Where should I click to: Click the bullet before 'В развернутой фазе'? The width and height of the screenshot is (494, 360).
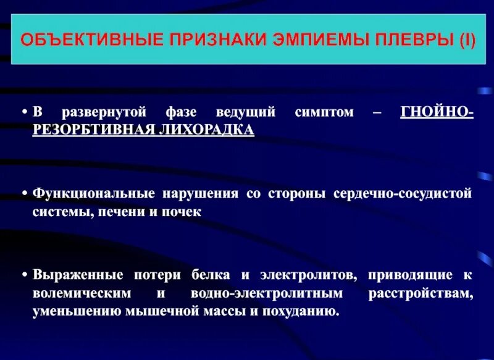(x=25, y=112)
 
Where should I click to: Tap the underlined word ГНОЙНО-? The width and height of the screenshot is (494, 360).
(x=437, y=112)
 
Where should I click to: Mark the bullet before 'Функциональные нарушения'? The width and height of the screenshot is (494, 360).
(x=25, y=193)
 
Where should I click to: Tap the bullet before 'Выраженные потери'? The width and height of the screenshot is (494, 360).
(x=25, y=274)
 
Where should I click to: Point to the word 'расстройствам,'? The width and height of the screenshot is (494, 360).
(x=421, y=292)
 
